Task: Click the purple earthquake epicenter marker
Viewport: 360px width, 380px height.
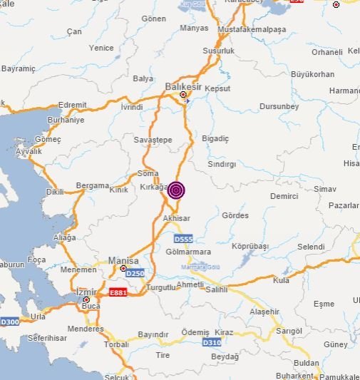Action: pyautogui.click(x=176, y=190)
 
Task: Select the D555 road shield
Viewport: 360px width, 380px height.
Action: pyautogui.click(x=183, y=237)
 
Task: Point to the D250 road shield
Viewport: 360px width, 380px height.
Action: pyautogui.click(x=134, y=273)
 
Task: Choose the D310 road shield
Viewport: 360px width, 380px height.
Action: pyautogui.click(x=212, y=343)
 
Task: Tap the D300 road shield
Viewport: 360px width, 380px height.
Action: pyautogui.click(x=9, y=321)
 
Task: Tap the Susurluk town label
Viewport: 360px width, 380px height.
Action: pyautogui.click(x=218, y=52)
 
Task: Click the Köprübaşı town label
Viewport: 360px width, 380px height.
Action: pyautogui.click(x=250, y=246)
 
